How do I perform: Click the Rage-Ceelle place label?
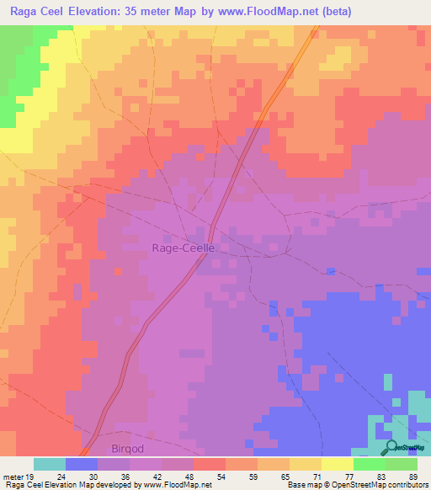click(184, 248)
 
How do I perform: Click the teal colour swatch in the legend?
click(50, 464)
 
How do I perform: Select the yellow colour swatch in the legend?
click(338, 464)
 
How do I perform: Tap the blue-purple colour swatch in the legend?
click(82, 464)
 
